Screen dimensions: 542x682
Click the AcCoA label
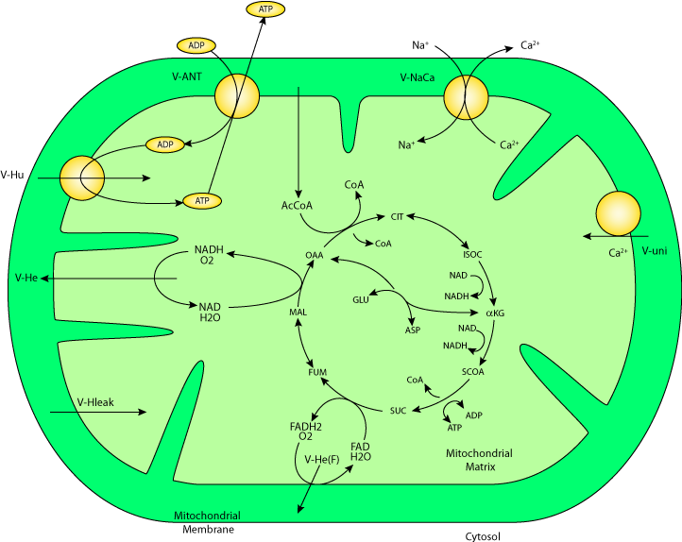[x=298, y=205]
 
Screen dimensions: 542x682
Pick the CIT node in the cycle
[x=398, y=217]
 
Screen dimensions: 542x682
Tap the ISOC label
[x=472, y=255]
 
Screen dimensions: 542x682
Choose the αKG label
[x=495, y=313]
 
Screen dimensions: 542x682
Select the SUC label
[x=398, y=411]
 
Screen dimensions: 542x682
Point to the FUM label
[x=317, y=372]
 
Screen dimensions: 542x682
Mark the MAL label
[x=298, y=312]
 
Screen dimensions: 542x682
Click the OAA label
[x=314, y=255]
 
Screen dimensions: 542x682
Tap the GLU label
[x=360, y=299]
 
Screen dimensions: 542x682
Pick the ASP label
[x=413, y=330]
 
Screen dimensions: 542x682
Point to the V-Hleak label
[x=70, y=400]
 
